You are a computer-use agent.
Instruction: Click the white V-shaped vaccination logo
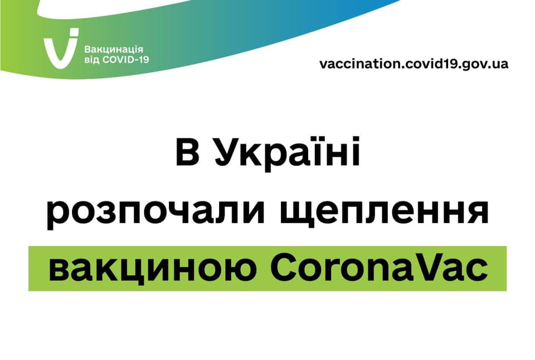point(59,51)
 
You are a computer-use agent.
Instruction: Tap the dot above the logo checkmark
point(74,32)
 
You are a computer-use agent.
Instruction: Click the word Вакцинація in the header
point(114,50)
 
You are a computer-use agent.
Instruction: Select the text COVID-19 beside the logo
point(125,60)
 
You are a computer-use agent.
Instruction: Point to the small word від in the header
point(92,60)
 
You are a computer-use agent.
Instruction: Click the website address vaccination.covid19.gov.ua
point(414,64)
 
